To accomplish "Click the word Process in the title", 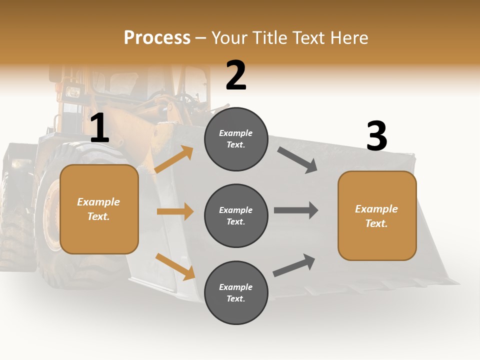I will pyautogui.click(x=157, y=37).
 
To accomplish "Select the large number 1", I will pyautogui.click(x=99, y=128).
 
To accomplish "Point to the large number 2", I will pyautogui.click(x=236, y=75).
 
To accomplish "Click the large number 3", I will pyautogui.click(x=376, y=136).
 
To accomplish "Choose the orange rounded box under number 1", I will pyautogui.click(x=99, y=209).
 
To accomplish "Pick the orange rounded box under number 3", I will pyautogui.click(x=377, y=216).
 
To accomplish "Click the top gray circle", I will pyautogui.click(x=236, y=139).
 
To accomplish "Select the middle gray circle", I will pyautogui.click(x=236, y=216).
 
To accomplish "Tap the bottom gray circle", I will pyautogui.click(x=236, y=293).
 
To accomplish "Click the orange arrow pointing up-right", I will pyautogui.click(x=174, y=159).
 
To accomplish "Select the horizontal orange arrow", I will pyautogui.click(x=175, y=211).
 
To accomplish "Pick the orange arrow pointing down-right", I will pyautogui.click(x=175, y=266).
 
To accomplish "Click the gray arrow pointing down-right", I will pyautogui.click(x=297, y=160).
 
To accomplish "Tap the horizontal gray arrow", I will pyautogui.click(x=296, y=210).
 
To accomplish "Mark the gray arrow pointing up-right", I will pyautogui.click(x=294, y=265).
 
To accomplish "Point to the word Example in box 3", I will pyautogui.click(x=376, y=209).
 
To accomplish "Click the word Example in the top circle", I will pyautogui.click(x=236, y=133).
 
